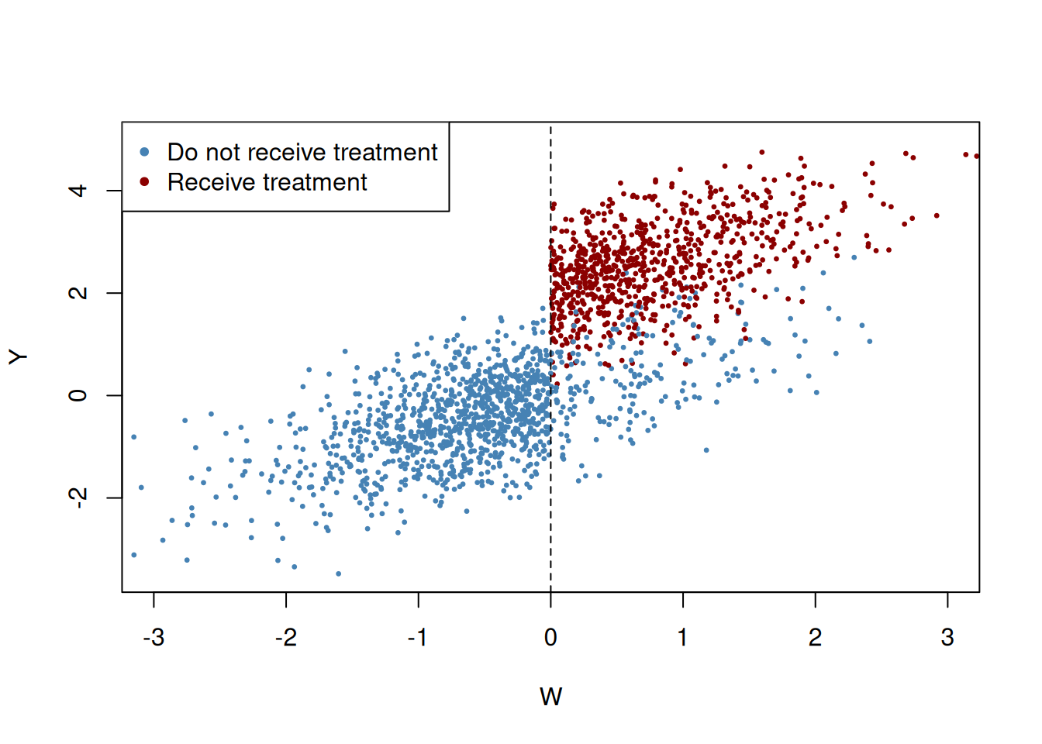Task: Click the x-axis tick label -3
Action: (154, 638)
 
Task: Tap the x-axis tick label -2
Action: (286, 638)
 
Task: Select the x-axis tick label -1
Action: (418, 638)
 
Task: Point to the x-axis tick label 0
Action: (550, 638)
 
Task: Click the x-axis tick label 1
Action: (682, 638)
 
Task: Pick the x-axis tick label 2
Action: (815, 638)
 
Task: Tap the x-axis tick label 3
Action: (947, 638)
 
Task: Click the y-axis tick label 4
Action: (78, 190)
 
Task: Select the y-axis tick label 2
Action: (78, 293)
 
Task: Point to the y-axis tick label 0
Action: (78, 395)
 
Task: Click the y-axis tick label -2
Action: (78, 496)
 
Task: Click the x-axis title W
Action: (550, 697)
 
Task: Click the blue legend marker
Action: (144, 152)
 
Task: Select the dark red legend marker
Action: (144, 182)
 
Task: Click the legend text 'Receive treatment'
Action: (267, 182)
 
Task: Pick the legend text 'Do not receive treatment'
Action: (302, 152)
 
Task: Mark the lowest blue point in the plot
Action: (338, 573)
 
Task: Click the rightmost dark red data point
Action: (977, 157)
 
